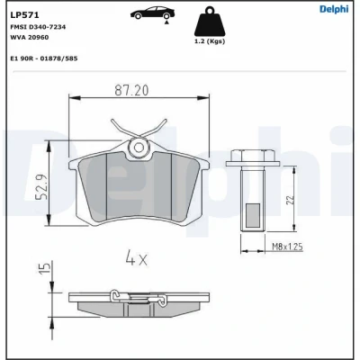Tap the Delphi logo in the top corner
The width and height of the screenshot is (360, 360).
click(x=334, y=9)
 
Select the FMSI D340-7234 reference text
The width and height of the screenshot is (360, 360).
click(x=38, y=27)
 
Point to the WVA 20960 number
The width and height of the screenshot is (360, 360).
click(x=30, y=38)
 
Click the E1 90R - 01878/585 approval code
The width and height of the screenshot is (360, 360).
click(x=44, y=58)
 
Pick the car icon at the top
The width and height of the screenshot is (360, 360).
click(x=152, y=13)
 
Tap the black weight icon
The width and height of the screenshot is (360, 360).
click(x=210, y=22)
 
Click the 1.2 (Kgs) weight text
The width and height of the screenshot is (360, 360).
click(x=210, y=41)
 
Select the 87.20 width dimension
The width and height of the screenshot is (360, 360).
click(x=131, y=91)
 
